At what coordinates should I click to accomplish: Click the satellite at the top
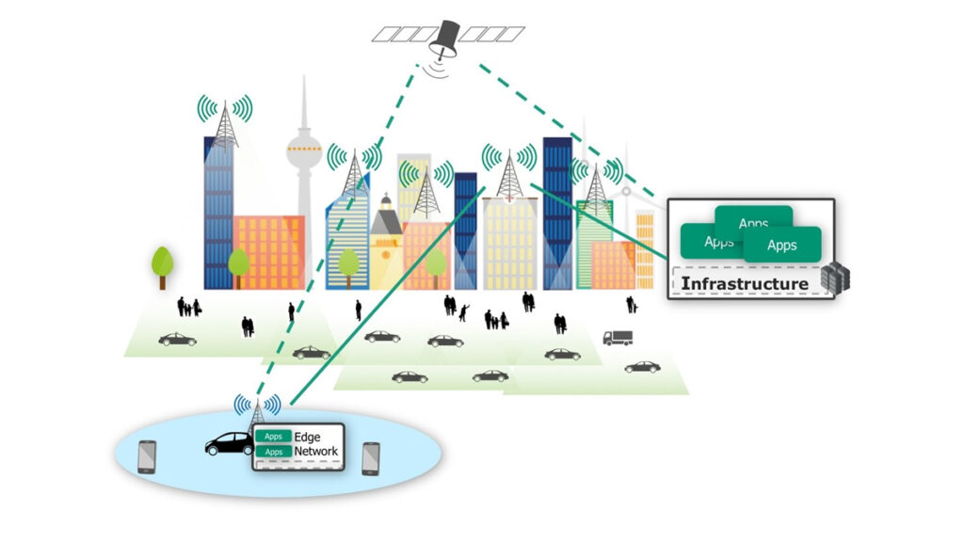coord(447,35)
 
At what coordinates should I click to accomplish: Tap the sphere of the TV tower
coord(304,149)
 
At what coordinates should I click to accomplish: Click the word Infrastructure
coord(744,283)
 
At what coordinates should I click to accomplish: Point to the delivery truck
coord(618,337)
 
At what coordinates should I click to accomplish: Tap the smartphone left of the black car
coord(147,457)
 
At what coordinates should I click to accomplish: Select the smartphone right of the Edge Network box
coord(370,458)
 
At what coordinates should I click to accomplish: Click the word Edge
coord(308,438)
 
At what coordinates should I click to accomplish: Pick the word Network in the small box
coord(315,452)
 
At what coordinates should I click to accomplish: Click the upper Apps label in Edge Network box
coord(273,437)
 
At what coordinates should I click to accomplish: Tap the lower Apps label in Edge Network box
coord(273,452)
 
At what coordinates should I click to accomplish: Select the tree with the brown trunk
coord(163,264)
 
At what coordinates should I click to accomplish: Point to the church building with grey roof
coord(386,240)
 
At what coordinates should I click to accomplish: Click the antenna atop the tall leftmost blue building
coord(224,122)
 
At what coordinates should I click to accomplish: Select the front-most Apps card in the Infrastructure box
coord(781,246)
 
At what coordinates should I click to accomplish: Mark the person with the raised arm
coord(462,310)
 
